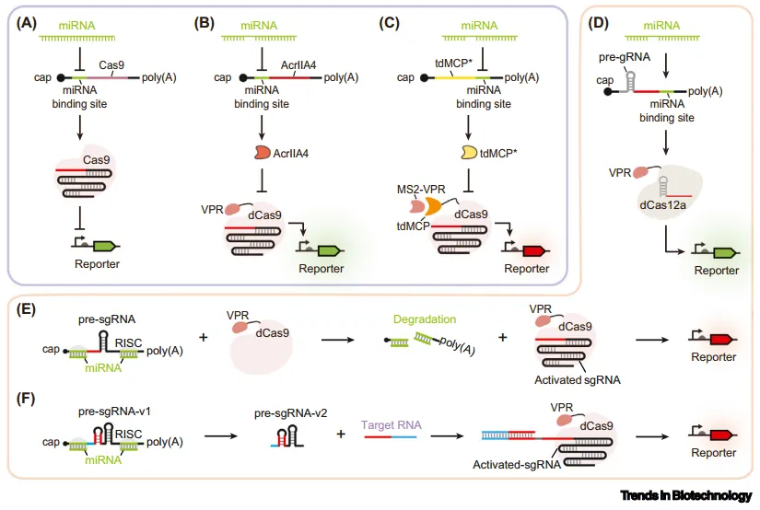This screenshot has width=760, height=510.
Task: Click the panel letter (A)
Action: pos(26,23)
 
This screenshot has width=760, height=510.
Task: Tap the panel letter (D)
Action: pos(598,23)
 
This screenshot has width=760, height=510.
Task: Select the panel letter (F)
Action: pos(26,400)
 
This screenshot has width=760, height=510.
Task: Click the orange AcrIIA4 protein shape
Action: pos(263,153)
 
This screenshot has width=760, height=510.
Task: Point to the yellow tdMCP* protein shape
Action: pos(469,153)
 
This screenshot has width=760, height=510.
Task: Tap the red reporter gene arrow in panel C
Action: pos(534,251)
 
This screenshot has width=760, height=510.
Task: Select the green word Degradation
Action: pos(425,319)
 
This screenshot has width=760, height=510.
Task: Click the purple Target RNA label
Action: pos(392,424)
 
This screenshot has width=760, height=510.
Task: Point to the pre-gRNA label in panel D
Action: pos(625,57)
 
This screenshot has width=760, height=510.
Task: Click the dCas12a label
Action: pos(662,205)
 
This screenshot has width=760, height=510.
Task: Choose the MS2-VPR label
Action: pos(421,190)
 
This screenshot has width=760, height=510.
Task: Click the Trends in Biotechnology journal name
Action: pos(685,495)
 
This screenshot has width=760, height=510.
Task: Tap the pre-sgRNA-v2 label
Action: pos(291,413)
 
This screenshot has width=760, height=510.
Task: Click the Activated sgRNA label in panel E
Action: pos(578,380)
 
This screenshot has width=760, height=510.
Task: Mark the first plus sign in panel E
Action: pos(203,337)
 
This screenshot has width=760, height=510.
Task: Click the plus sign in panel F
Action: pos(341,434)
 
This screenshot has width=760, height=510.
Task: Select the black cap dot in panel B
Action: pos(243,77)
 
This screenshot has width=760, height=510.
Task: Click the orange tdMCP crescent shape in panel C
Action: pos(434,206)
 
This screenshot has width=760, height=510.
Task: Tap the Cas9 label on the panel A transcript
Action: pos(111,64)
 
